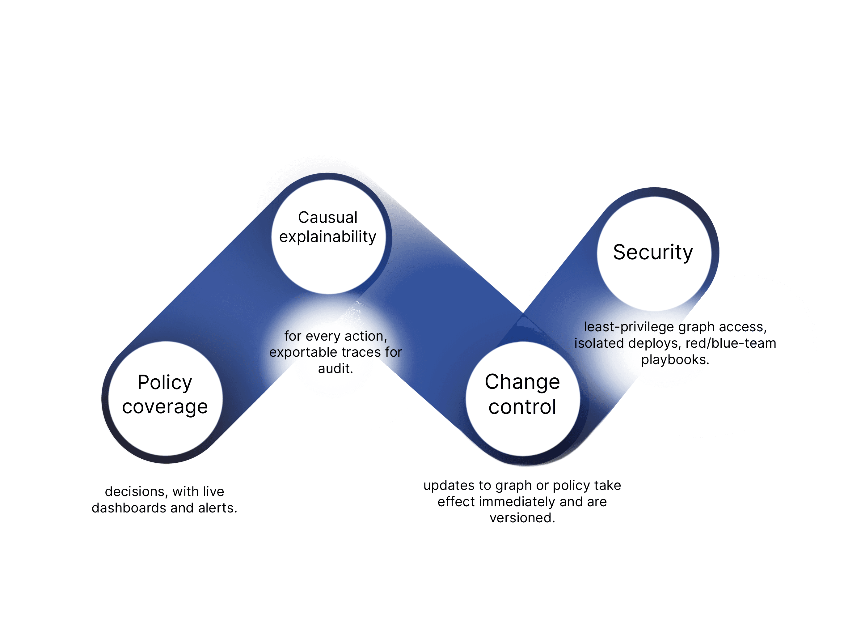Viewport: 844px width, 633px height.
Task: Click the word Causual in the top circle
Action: point(327,218)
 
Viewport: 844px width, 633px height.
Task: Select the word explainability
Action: point(327,237)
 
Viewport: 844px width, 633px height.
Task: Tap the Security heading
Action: point(653,252)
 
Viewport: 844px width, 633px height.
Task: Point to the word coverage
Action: point(165,407)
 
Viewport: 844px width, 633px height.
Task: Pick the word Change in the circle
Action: point(522,382)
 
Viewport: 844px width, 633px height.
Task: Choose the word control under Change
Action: point(522,407)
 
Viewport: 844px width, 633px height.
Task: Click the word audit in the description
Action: point(335,368)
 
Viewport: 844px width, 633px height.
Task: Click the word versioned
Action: point(522,518)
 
